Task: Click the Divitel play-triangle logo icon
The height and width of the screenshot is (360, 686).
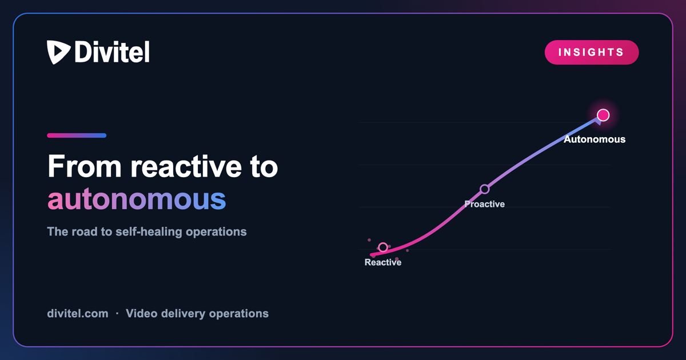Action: click(x=58, y=51)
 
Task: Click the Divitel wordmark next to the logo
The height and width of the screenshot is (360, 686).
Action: click(x=112, y=52)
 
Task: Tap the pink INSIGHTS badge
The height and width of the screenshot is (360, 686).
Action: click(x=591, y=53)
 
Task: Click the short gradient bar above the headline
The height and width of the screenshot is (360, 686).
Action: click(x=77, y=135)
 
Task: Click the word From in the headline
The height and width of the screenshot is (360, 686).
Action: click(x=85, y=166)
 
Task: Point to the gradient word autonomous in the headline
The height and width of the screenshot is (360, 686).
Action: click(x=137, y=199)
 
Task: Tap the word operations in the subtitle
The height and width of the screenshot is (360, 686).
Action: click(x=216, y=232)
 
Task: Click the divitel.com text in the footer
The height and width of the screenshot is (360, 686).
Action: click(x=78, y=314)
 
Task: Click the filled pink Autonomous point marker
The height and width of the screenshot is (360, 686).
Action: click(x=603, y=115)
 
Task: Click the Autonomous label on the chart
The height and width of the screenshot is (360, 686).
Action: click(x=595, y=139)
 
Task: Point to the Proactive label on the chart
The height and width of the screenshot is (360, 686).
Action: click(x=485, y=204)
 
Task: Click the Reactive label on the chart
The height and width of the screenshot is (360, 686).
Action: click(x=383, y=262)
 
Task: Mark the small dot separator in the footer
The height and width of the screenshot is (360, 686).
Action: click(x=117, y=314)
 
